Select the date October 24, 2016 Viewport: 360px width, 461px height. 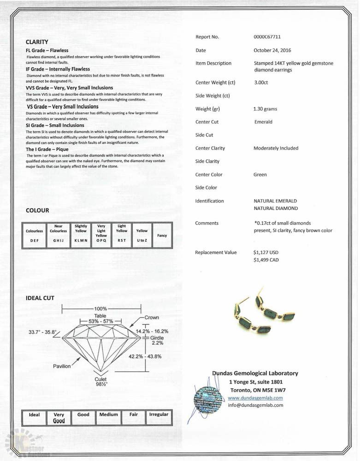[272, 50]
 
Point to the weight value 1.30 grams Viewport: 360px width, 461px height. [265, 109]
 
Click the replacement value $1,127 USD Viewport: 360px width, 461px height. [266, 253]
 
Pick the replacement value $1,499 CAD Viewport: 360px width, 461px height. [266, 260]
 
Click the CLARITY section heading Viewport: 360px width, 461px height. [37, 42]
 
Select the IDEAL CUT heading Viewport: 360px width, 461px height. [40, 298]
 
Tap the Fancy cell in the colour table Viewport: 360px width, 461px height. [162, 236]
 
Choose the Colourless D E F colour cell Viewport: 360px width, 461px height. [35, 236]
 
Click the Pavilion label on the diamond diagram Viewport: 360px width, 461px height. [62, 366]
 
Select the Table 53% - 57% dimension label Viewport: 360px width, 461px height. [100, 319]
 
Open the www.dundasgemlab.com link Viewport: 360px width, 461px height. [255, 398]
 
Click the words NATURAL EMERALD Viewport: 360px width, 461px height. [275, 201]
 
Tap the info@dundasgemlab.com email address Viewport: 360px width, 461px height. [255, 405]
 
